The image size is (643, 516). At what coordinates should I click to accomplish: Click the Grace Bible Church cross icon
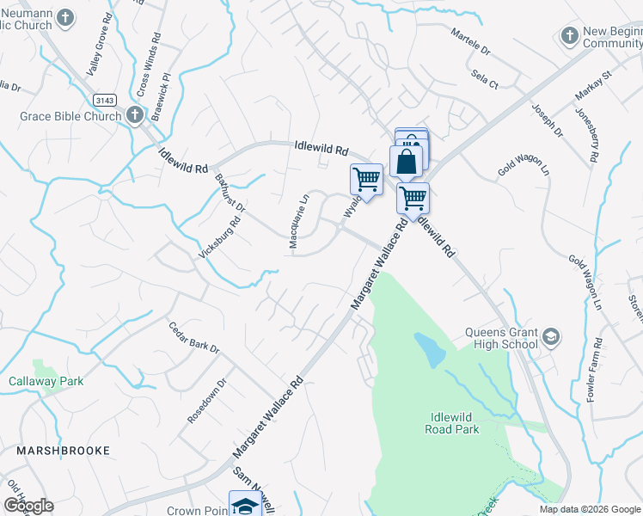pyautogui.click(x=134, y=115)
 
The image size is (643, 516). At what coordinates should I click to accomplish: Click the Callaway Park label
pyautogui.click(x=46, y=381)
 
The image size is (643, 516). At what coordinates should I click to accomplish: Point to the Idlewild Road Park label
pyautogui.click(x=454, y=422)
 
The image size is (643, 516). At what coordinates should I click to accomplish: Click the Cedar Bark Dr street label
pyautogui.click(x=194, y=338)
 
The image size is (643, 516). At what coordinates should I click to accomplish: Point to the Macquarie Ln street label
pyautogui.click(x=297, y=222)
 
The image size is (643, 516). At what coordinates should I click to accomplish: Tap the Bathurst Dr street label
pyautogui.click(x=231, y=194)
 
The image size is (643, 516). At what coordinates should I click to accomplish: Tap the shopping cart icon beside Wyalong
pyautogui.click(x=367, y=180)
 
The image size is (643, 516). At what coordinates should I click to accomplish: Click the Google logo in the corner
pyautogui.click(x=28, y=506)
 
